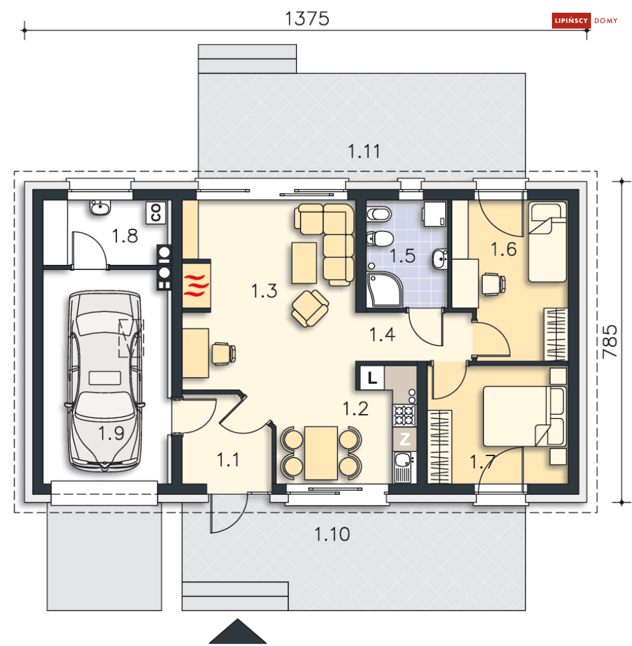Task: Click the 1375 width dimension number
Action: click(307, 18)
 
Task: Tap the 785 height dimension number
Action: click(610, 342)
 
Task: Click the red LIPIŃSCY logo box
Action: click(571, 20)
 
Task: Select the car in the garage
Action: click(105, 381)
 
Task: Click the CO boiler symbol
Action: click(156, 212)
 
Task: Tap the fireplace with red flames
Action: click(197, 285)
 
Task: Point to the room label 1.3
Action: click(264, 291)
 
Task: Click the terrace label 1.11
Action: click(364, 151)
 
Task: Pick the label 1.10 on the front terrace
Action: click(332, 534)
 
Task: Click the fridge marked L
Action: click(372, 377)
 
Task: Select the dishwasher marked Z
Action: click(405, 439)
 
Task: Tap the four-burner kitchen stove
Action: click(405, 415)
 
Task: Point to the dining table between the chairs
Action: click(321, 453)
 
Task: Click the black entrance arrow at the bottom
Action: click(238, 631)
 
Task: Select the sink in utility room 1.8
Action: click(100, 207)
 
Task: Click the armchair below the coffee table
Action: click(310, 308)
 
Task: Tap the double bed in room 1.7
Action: click(524, 416)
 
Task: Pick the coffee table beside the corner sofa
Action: click(304, 263)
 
